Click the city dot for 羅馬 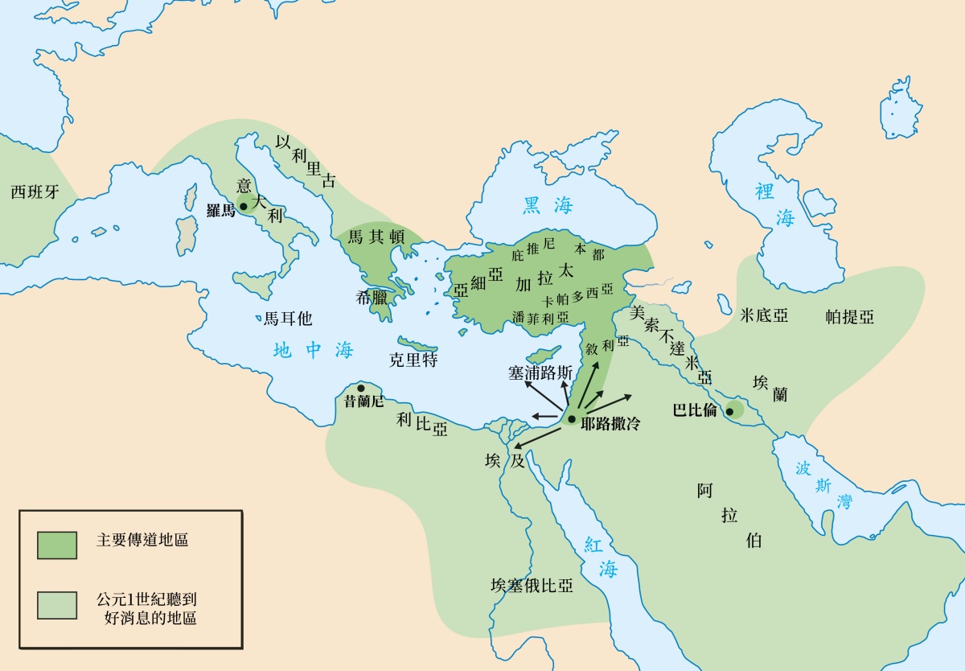tap(244, 206)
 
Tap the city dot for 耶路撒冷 tap(570, 419)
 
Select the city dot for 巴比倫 tap(729, 412)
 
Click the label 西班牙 tap(35, 192)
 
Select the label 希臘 tap(372, 297)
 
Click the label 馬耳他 tap(287, 319)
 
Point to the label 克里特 tap(413, 360)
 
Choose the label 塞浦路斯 tap(540, 373)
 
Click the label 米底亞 tap(763, 316)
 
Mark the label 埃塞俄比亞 tap(532, 585)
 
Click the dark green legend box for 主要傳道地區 tap(57, 545)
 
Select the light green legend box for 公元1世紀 tap(57, 605)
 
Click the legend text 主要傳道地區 tap(142, 541)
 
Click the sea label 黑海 tap(548, 205)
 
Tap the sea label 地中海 tap(313, 351)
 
